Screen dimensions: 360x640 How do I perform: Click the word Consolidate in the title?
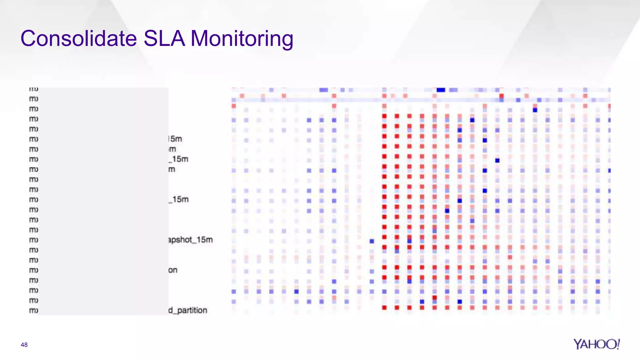(78, 38)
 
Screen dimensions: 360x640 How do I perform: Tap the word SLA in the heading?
(164, 38)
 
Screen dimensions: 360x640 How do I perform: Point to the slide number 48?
(24, 345)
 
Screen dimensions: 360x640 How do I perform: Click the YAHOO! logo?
(596, 344)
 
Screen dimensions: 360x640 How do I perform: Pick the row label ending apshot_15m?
(190, 240)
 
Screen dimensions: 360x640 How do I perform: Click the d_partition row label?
(188, 310)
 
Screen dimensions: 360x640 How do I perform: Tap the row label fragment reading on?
(173, 270)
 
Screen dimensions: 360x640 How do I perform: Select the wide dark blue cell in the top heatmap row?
(441, 90)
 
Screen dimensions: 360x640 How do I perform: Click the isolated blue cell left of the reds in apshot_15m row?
(372, 241)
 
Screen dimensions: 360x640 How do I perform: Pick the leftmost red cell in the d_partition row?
(384, 308)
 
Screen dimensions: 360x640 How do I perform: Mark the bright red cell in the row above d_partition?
(434, 297)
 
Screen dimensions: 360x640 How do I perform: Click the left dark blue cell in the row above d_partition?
(422, 302)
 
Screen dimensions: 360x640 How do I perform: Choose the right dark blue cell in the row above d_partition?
(460, 302)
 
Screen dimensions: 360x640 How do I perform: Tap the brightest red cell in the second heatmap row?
(502, 96)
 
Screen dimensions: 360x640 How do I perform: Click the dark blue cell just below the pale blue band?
(535, 110)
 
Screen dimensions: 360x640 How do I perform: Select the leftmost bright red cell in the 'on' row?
(384, 267)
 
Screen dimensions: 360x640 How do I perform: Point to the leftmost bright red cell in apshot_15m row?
(384, 237)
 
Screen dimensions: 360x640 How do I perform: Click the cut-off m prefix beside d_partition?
(33, 310)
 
